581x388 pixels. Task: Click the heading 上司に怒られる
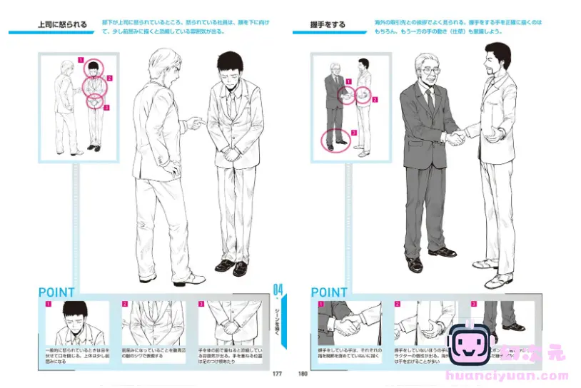pyautogui.click(x=62, y=25)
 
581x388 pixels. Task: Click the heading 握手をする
pyautogui.click(x=329, y=25)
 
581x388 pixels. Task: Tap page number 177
pyautogui.click(x=277, y=372)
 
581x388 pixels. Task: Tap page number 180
pyautogui.click(x=303, y=372)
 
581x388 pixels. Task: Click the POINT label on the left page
pyautogui.click(x=56, y=292)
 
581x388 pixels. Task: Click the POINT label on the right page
pyautogui.click(x=329, y=292)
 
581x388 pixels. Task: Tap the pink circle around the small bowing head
pyautogui.click(x=94, y=69)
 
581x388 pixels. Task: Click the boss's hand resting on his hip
pyautogui.click(x=173, y=169)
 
